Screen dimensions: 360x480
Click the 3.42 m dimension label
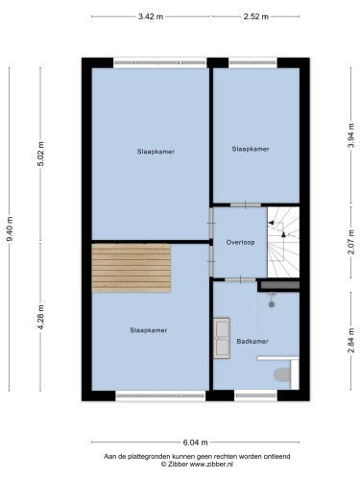[x=151, y=16]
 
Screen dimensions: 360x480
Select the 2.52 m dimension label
[x=256, y=16]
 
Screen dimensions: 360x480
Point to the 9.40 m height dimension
[x=10, y=229]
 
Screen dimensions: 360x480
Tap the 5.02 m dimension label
[x=41, y=154]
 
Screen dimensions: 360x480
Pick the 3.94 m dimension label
[x=351, y=135]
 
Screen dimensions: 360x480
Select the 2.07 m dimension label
[x=351, y=242]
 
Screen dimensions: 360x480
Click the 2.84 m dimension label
[x=351, y=341]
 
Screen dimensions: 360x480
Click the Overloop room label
[x=240, y=242]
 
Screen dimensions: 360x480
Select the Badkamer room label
[x=252, y=342]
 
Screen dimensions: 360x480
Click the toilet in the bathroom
[x=282, y=374]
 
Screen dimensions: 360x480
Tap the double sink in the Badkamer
[x=222, y=338]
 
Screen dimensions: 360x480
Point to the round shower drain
[x=272, y=304]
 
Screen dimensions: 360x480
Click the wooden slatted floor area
[x=131, y=268]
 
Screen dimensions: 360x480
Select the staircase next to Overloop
[x=283, y=242]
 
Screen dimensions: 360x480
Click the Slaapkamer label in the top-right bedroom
[x=251, y=149]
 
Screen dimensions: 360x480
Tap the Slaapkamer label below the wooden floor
[x=149, y=330]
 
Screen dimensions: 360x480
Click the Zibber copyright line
[x=197, y=464]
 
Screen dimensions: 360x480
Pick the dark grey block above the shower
[x=280, y=285]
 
